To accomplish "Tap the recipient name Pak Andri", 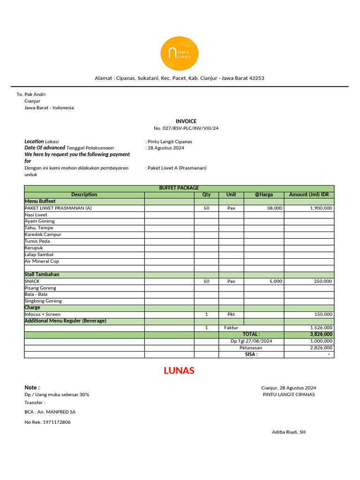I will coord(35,94).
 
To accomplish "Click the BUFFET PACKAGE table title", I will coord(179,188).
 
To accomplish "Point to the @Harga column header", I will coord(263,195).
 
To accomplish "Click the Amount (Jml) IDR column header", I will coord(309,195).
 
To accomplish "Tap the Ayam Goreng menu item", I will coord(39,221).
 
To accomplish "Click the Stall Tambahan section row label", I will coord(42,274).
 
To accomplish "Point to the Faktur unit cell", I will coord(231,328).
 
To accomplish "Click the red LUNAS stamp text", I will coord(179,371).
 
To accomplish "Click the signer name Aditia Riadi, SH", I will coord(289,432).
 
